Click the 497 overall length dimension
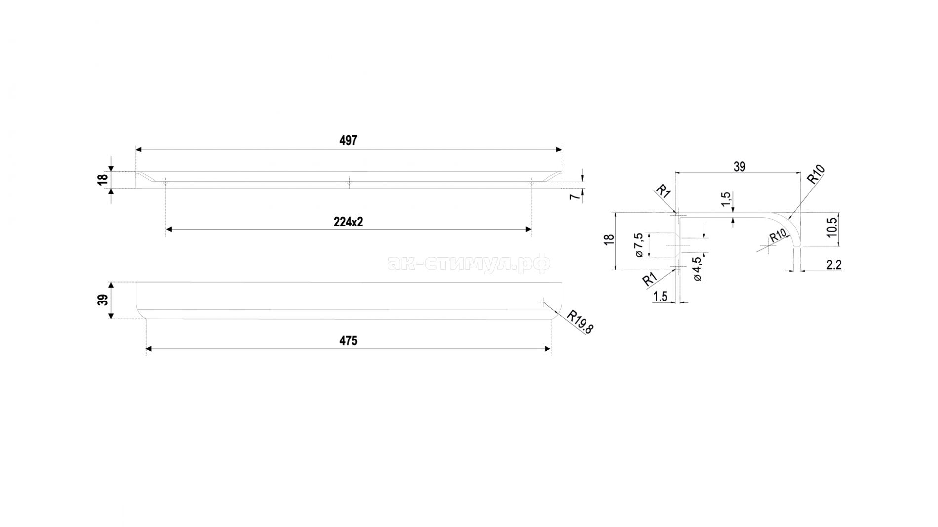click(348, 141)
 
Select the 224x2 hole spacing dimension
click(348, 222)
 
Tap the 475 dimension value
click(348, 341)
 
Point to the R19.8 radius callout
click(580, 322)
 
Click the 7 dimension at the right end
click(573, 197)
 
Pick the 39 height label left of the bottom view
click(102, 300)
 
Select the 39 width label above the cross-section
click(739, 167)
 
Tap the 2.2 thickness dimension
click(833, 265)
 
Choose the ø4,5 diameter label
click(697, 269)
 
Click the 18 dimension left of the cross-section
click(609, 239)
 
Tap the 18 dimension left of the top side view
click(102, 180)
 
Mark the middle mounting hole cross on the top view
click(349, 183)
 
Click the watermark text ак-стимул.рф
click(469, 264)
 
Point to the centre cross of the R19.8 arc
click(543, 302)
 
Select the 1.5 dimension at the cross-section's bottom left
click(660, 296)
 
